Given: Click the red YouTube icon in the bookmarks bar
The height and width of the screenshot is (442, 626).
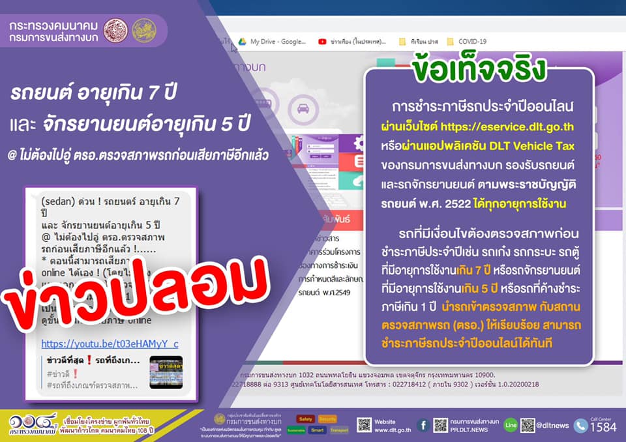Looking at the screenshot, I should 322,41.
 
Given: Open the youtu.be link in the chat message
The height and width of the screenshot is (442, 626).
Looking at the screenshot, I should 110,343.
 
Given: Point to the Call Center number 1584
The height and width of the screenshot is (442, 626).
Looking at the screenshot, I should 601,428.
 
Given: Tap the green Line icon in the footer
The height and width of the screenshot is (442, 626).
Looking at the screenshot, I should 511,425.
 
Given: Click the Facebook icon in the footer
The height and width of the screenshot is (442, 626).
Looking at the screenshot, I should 423,425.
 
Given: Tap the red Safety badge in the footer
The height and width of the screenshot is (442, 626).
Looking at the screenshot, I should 306,419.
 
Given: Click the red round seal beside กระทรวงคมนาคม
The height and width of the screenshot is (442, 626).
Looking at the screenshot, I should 116,30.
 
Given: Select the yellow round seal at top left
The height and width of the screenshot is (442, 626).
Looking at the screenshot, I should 143,30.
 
